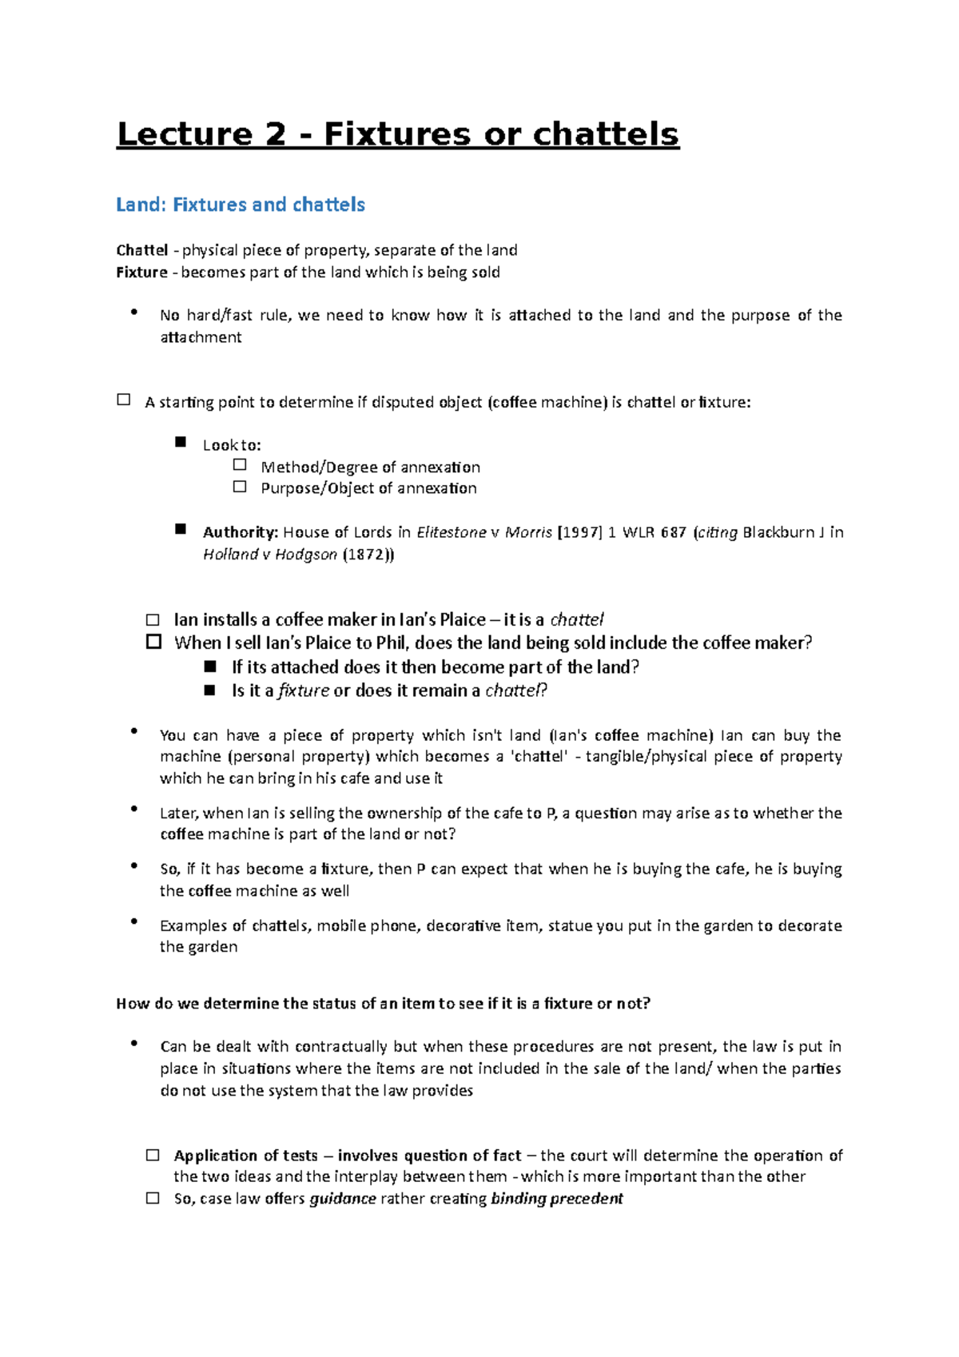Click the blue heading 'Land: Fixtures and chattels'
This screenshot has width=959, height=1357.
coord(241,205)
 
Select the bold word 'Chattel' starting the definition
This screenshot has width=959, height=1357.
coord(142,250)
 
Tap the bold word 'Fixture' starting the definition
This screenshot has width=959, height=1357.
coord(142,272)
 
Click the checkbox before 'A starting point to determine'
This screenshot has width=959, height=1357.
coord(124,400)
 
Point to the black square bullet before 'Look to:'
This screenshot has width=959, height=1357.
coord(181,442)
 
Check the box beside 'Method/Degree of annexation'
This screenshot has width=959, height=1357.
coord(240,464)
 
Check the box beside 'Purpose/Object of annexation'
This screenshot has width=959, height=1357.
coord(240,486)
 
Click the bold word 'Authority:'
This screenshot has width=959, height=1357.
coord(240,532)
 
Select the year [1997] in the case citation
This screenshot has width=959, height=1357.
coord(579,532)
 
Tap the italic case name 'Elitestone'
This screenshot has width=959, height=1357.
coord(452,532)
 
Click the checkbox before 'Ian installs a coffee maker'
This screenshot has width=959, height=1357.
coord(153,620)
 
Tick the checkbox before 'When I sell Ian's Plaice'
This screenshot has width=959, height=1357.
coord(153,642)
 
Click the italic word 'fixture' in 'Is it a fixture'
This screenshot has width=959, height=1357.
coord(304,690)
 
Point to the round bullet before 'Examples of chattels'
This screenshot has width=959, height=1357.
coord(135,922)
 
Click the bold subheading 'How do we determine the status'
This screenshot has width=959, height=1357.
coord(383,1004)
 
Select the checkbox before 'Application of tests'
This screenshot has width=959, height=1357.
coord(153,1155)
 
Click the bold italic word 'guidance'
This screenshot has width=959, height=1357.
coord(343,1199)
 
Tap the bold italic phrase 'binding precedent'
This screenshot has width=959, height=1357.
coord(557,1199)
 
